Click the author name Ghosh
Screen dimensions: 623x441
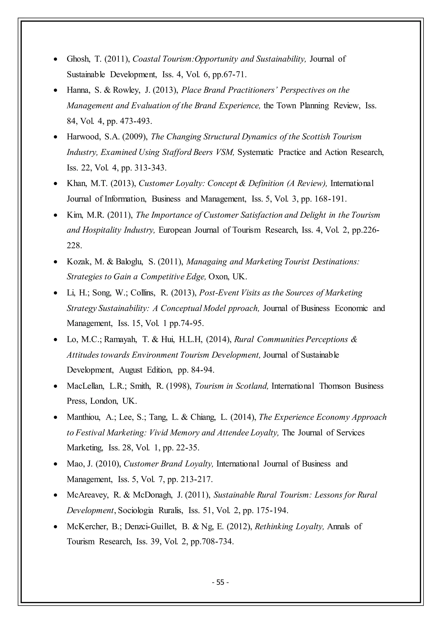[x=78, y=59]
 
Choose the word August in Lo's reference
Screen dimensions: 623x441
[x=131, y=370]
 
